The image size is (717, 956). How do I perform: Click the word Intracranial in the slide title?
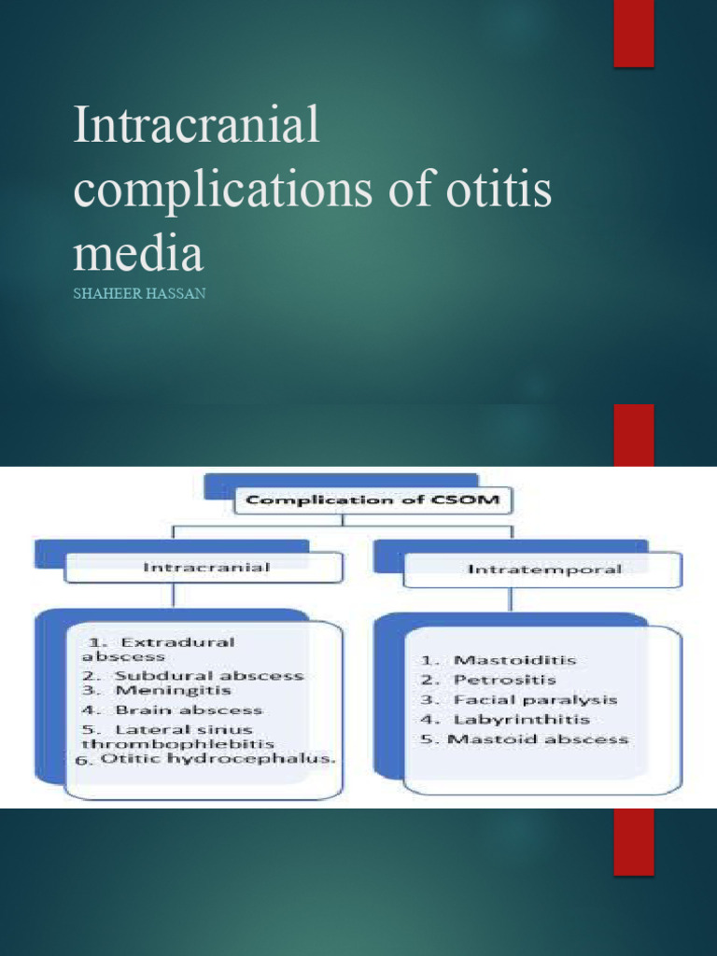point(196,126)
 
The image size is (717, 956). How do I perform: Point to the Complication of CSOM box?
point(373,499)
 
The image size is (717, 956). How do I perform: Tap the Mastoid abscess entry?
point(538,739)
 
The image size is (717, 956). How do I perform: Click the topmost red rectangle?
point(633,34)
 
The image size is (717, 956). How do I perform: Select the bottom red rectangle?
point(633,841)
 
